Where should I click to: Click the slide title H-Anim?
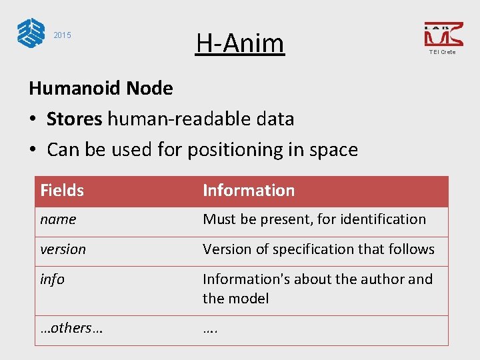[240, 43]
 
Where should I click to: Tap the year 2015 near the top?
[62, 35]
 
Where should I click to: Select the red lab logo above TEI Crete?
[443, 34]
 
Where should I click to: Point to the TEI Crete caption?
[443, 52]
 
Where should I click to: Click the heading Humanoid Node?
[101, 88]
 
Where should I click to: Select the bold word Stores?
[74, 119]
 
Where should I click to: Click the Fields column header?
[62, 191]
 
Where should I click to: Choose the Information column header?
[249, 191]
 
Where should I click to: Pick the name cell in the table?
[58, 219]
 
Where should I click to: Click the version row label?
[63, 249]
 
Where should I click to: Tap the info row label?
[52, 279]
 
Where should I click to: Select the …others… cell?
[71, 328]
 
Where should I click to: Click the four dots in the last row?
[211, 328]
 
